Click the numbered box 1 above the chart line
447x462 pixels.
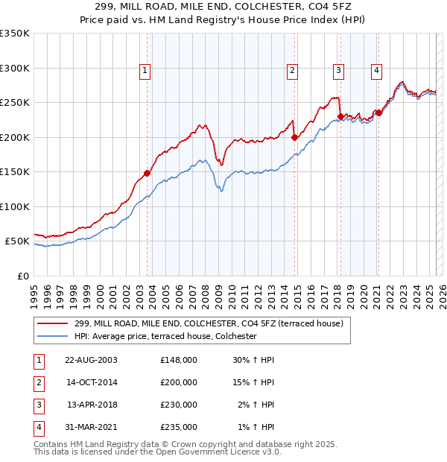[x=145, y=71]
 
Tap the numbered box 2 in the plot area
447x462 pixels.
[x=293, y=71]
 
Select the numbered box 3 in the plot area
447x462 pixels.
[x=338, y=71]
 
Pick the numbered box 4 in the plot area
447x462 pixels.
[x=377, y=71]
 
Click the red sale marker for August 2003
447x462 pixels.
[x=147, y=173]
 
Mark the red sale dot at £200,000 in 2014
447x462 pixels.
[x=294, y=137]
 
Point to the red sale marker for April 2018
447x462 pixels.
[x=340, y=116]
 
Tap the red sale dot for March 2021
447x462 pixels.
[x=378, y=113]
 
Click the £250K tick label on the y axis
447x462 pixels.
[x=14, y=103]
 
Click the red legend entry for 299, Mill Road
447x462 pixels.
[x=209, y=323]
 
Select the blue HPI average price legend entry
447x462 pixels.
[x=165, y=336]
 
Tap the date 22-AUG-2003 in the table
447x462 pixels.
[x=92, y=360]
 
